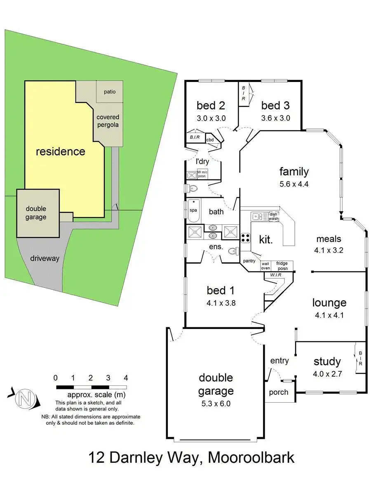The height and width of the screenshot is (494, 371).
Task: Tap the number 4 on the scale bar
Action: [126, 378]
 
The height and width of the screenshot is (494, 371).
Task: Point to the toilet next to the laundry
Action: [193, 189]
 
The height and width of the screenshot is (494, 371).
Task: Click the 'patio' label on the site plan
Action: [110, 91]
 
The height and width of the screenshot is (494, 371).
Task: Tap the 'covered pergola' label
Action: [108, 121]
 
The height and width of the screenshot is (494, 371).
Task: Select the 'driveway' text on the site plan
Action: [45, 259]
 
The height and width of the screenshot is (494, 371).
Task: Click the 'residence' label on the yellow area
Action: [60, 151]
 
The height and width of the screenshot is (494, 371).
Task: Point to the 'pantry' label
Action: [249, 261]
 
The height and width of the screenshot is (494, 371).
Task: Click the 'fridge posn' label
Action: [282, 266]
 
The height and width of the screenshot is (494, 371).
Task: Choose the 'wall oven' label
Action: [265, 266]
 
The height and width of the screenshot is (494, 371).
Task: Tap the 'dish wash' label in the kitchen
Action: [274, 216]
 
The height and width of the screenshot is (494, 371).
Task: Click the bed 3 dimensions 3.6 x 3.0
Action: [276, 118]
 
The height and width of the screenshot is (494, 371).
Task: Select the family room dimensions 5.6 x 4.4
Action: [294, 184]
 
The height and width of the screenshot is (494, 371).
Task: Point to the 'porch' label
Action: [279, 392]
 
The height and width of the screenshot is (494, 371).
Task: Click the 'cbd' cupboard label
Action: [210, 139]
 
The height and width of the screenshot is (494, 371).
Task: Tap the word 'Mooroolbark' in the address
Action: [251, 457]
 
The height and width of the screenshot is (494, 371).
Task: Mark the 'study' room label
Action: [327, 361]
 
